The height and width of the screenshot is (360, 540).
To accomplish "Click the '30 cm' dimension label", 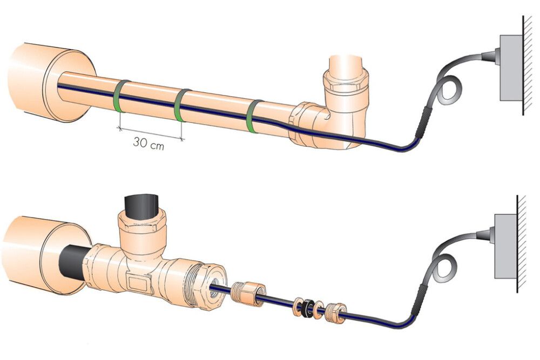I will click(x=149, y=144).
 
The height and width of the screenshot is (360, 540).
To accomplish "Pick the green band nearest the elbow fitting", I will click(x=253, y=116).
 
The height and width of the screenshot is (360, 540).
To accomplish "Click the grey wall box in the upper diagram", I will click(x=510, y=67).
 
